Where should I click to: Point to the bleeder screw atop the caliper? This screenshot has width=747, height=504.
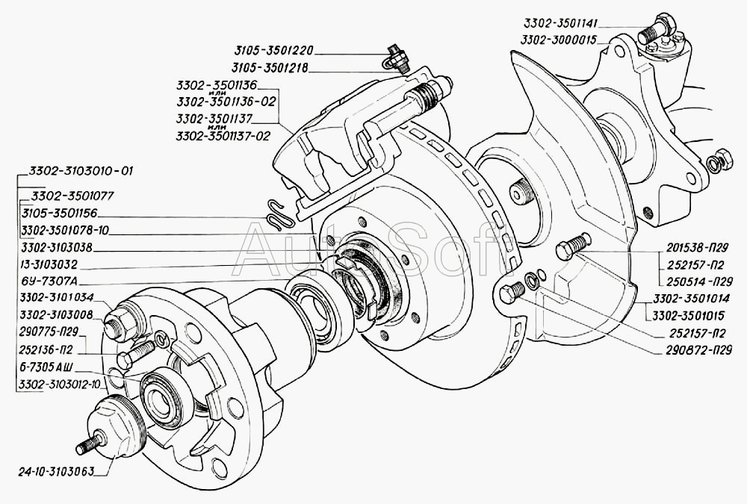click(x=393, y=57)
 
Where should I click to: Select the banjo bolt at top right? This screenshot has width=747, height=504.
click(x=660, y=30)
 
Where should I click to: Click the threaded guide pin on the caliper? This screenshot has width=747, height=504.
click(x=430, y=93)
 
